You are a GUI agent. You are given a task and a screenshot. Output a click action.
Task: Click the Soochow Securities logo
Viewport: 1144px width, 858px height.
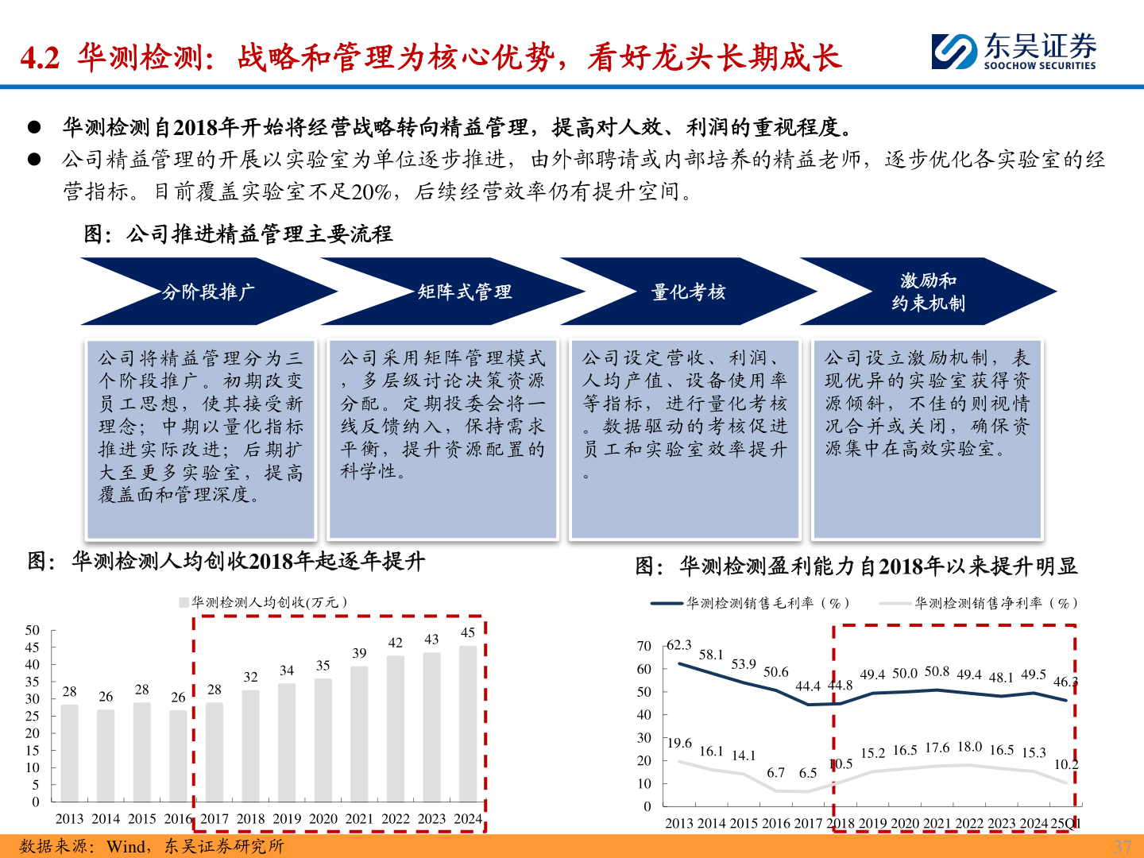(x=1014, y=52)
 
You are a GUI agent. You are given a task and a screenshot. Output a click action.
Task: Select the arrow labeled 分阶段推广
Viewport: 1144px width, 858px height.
(x=209, y=292)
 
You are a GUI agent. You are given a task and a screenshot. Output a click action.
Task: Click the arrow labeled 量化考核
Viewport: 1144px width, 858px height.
(x=688, y=292)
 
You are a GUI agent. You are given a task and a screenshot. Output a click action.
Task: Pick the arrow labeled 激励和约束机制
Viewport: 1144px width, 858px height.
(x=928, y=292)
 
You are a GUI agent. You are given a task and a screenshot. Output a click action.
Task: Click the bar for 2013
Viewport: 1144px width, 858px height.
(x=70, y=752)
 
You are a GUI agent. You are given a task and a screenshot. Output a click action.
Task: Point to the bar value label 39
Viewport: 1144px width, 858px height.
(x=359, y=653)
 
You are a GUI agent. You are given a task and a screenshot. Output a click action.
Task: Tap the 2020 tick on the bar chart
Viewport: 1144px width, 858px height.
(x=323, y=819)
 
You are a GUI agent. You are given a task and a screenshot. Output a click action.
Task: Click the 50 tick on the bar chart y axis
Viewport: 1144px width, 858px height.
(x=33, y=631)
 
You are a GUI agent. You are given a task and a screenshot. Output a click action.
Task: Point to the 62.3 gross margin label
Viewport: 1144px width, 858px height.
(x=678, y=645)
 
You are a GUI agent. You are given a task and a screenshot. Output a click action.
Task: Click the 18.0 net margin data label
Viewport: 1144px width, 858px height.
(x=969, y=747)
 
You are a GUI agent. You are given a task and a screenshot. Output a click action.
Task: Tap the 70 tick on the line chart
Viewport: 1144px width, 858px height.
(x=644, y=647)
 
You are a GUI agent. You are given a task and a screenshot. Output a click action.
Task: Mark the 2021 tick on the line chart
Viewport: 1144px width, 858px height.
(x=937, y=824)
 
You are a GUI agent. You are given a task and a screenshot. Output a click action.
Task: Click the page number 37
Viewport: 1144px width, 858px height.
(x=1122, y=846)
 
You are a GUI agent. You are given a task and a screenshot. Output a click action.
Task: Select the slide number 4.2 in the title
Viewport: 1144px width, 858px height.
(x=40, y=58)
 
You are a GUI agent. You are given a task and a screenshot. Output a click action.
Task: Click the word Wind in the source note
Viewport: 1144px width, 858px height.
(x=126, y=847)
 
